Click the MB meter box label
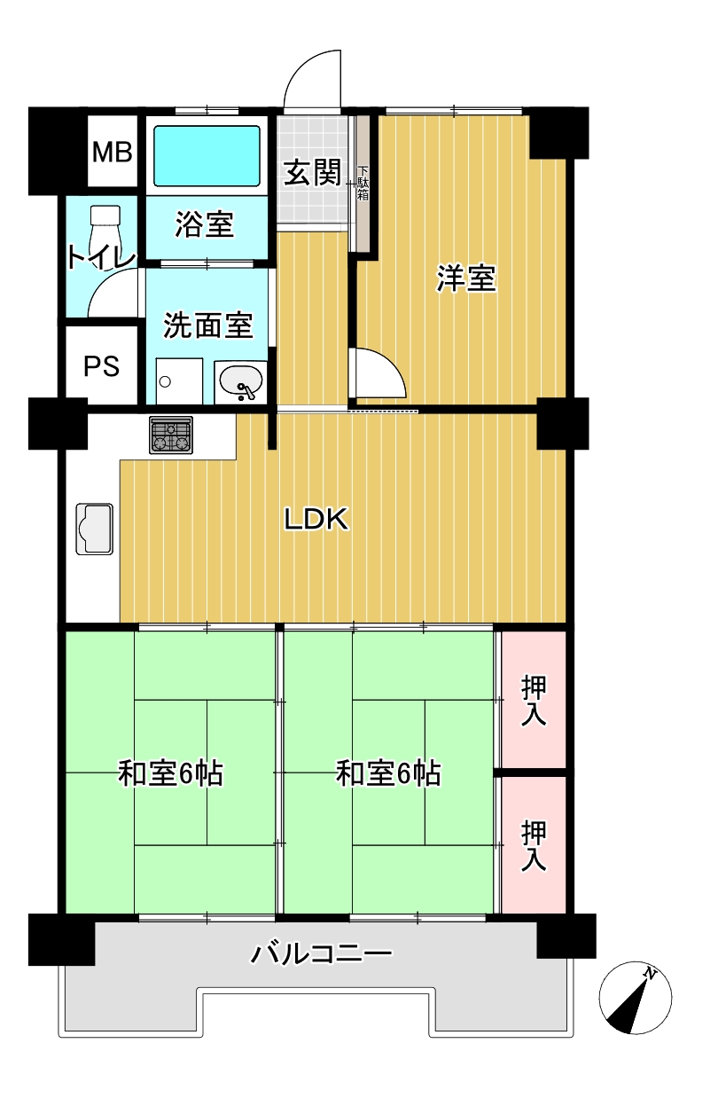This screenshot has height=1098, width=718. pos(113,152)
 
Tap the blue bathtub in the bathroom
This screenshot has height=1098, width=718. pos(207,156)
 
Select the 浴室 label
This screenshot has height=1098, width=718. pos(205,224)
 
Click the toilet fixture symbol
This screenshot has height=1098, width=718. pos(105,232)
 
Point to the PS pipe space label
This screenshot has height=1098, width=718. pos(101,366)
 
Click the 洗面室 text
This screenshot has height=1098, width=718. pos(207,325)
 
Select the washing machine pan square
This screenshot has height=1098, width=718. pos(179,381)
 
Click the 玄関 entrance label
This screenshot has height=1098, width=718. pos(313,173)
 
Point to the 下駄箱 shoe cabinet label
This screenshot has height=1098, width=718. pos(363,184)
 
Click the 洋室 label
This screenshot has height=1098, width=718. pos(465,278)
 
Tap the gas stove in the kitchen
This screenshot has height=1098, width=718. pos(171,435)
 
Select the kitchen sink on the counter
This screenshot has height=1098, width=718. pos(95,529)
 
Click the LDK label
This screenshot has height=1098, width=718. pos(316,520)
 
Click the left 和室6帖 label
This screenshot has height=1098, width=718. pos(170,773)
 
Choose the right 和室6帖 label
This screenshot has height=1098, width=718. pos(388,773)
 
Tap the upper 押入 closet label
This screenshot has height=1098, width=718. pos(534,701)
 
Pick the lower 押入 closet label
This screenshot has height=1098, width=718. pos(534,846)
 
